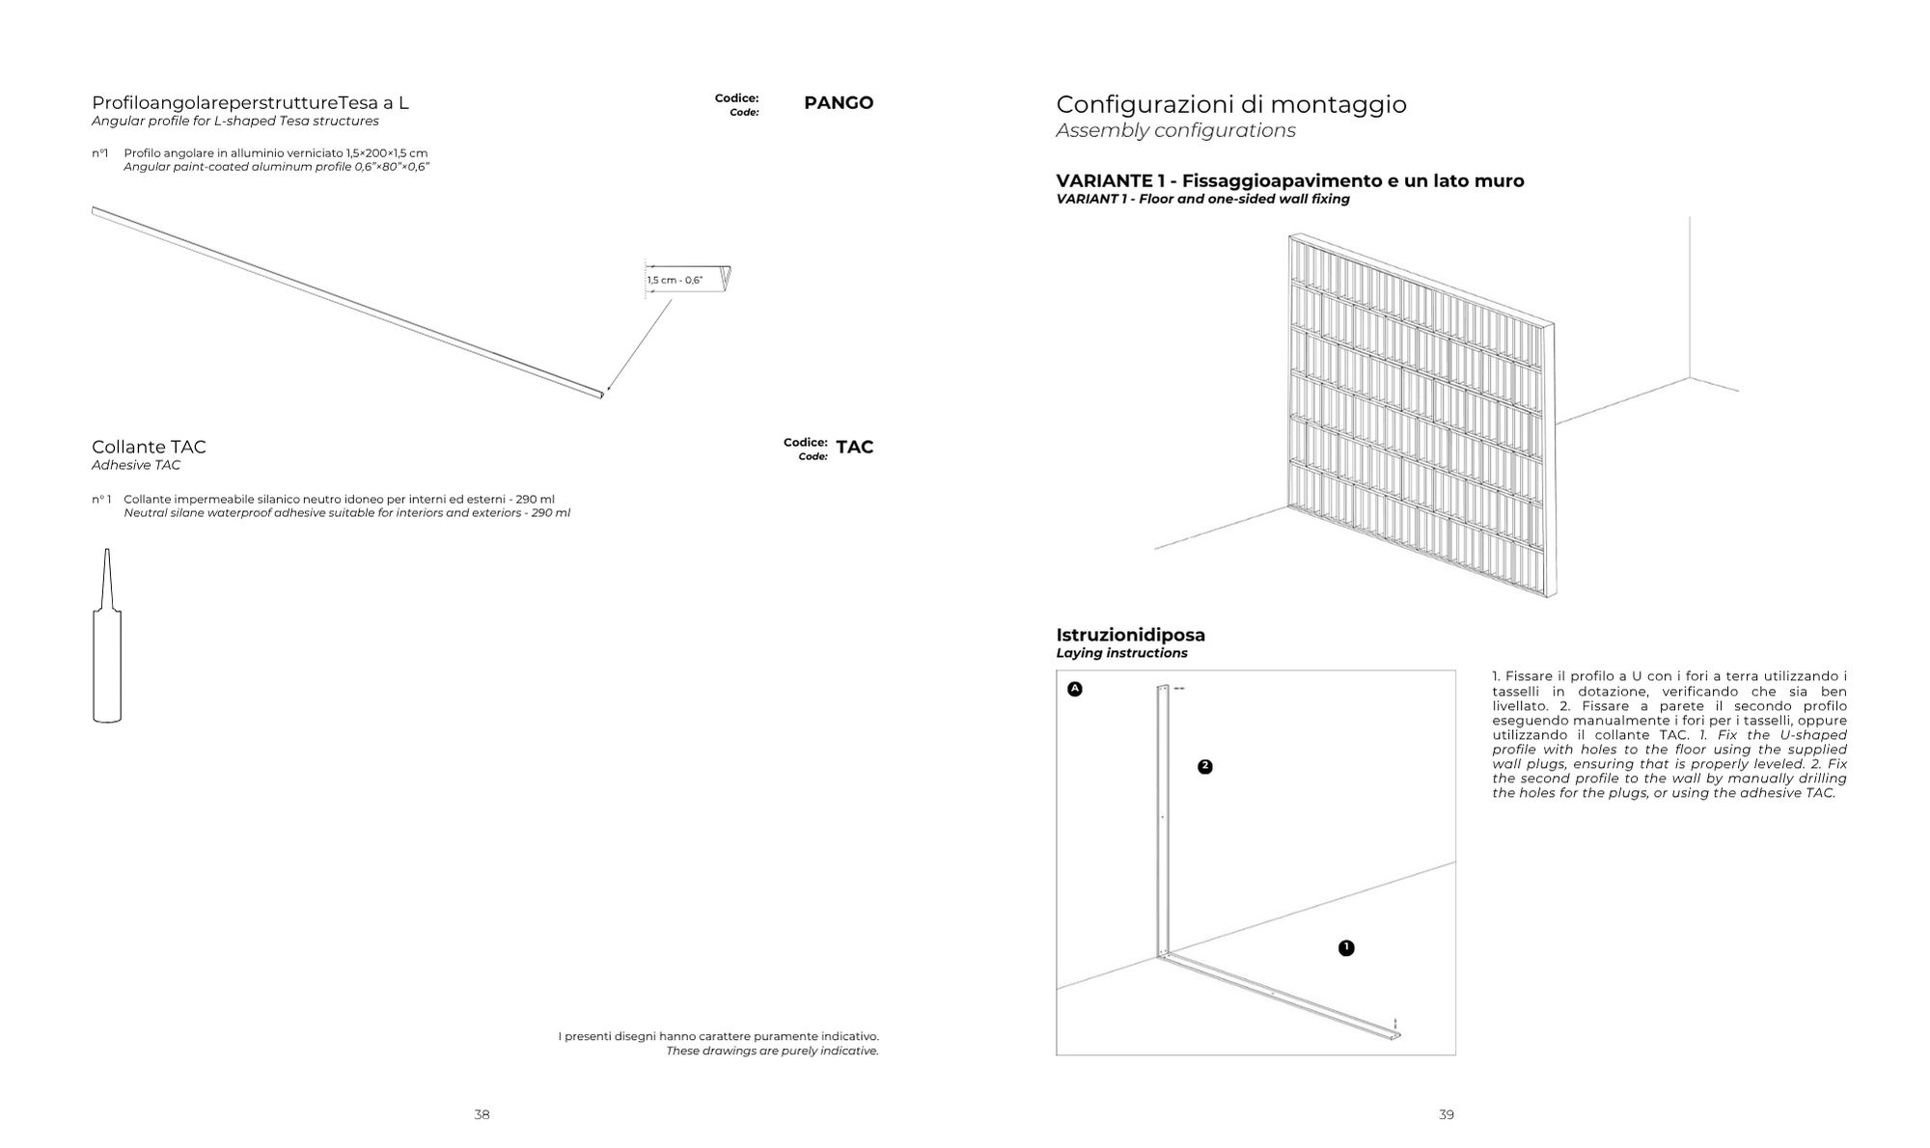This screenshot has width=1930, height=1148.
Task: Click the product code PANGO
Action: click(838, 103)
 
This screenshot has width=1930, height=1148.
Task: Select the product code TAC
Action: click(854, 448)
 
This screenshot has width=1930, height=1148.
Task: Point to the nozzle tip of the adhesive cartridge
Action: click(107, 553)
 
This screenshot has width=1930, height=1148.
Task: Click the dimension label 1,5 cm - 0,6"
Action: click(675, 281)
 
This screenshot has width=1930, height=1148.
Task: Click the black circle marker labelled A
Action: click(1075, 689)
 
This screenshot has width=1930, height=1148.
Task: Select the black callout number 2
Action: click(1204, 767)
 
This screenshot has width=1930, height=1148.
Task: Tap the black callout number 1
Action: click(1346, 948)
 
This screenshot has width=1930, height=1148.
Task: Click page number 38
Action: click(482, 1115)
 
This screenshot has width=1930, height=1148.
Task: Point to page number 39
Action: click(1446, 1115)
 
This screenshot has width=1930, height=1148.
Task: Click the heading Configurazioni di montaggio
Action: click(1230, 104)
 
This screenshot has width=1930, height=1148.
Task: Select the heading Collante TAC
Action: click(149, 447)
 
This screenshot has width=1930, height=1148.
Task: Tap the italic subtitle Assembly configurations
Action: click(1175, 131)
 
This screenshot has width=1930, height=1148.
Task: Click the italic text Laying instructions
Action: click(1121, 653)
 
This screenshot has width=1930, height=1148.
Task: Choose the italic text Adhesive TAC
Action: click(136, 465)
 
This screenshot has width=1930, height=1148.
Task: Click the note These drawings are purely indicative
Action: click(772, 1051)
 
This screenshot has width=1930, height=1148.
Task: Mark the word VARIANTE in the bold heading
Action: click(1103, 181)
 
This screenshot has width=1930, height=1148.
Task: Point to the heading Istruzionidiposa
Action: click(1130, 635)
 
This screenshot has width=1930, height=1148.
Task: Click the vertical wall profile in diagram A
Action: click(1162, 820)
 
